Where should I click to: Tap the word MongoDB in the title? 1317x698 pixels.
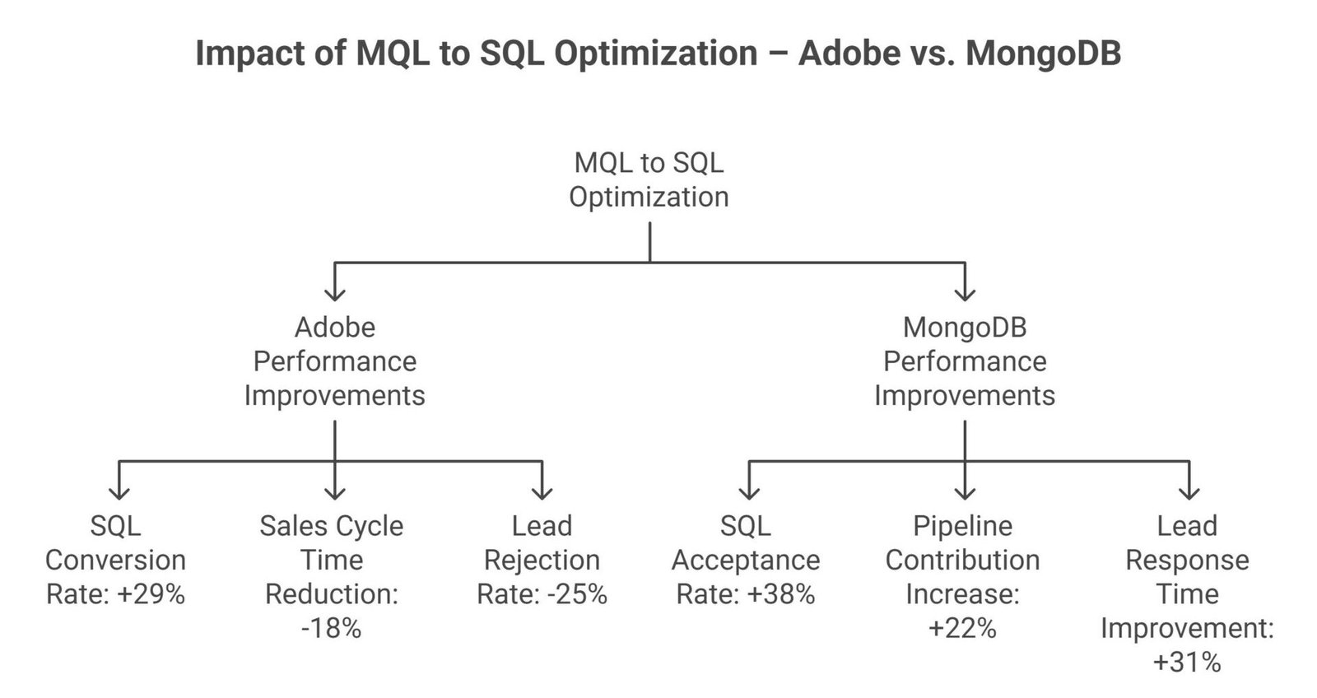coord(1042,54)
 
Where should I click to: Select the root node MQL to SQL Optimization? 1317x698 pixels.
coord(649,179)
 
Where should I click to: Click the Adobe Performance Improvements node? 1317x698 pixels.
coord(334,361)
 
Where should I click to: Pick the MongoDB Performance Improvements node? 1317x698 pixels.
coord(964,361)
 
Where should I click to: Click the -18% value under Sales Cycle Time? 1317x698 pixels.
coord(331,629)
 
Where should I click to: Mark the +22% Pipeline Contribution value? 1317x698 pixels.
coord(962,629)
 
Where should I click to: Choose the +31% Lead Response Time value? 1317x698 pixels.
coord(1187,663)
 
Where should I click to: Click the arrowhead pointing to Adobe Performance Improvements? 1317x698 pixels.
coord(334,294)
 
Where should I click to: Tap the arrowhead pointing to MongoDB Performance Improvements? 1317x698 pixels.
coord(964,294)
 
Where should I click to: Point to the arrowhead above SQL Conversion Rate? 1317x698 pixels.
coord(119,492)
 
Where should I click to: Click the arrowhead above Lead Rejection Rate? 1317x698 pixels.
coord(541,492)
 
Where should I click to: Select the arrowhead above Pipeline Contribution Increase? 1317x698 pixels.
coord(964,492)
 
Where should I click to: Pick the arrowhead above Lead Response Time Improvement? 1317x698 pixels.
coord(1188,492)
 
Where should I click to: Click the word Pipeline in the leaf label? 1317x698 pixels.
coord(962,526)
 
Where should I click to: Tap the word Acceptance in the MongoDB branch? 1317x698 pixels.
coord(746,561)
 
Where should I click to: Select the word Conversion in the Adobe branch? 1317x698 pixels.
coord(115,561)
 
